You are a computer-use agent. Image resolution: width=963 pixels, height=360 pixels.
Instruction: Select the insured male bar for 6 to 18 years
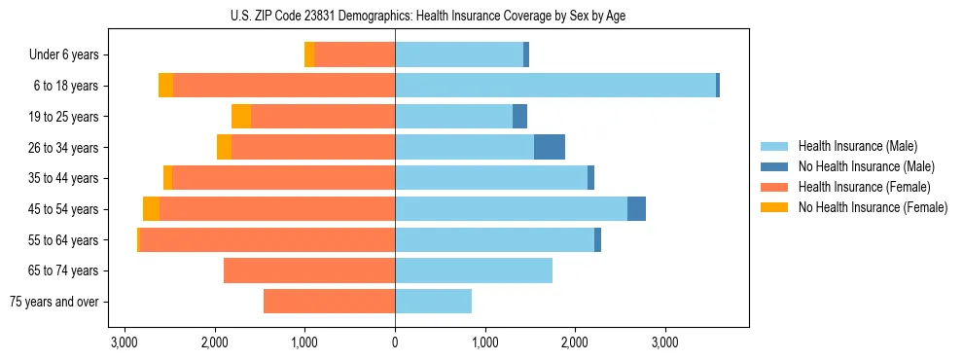[x=555, y=86]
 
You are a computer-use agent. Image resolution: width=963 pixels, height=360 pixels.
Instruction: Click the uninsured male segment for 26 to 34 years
[x=550, y=147]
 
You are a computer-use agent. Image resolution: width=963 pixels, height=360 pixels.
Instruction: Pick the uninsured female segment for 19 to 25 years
[x=241, y=117]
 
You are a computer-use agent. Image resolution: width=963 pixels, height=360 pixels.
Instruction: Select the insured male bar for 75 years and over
[x=433, y=302]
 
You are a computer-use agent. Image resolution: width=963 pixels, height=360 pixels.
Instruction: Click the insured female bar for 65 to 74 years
[x=309, y=270]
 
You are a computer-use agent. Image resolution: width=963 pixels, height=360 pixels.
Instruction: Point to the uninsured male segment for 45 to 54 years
[x=636, y=209]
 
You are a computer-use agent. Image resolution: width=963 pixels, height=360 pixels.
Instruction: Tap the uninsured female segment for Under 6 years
[x=309, y=54]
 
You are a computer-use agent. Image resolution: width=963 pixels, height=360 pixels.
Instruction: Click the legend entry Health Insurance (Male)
[x=857, y=146]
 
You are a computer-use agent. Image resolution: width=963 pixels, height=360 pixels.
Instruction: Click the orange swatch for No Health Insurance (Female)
[x=774, y=207]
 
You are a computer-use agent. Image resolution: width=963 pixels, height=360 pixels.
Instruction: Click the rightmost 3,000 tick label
[x=665, y=342]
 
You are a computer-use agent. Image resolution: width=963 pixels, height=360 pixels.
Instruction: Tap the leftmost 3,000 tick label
[x=125, y=342]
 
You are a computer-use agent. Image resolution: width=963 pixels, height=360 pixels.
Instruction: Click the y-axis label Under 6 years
[x=64, y=54]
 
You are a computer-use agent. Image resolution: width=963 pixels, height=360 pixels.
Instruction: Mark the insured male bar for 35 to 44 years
[x=491, y=178]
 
